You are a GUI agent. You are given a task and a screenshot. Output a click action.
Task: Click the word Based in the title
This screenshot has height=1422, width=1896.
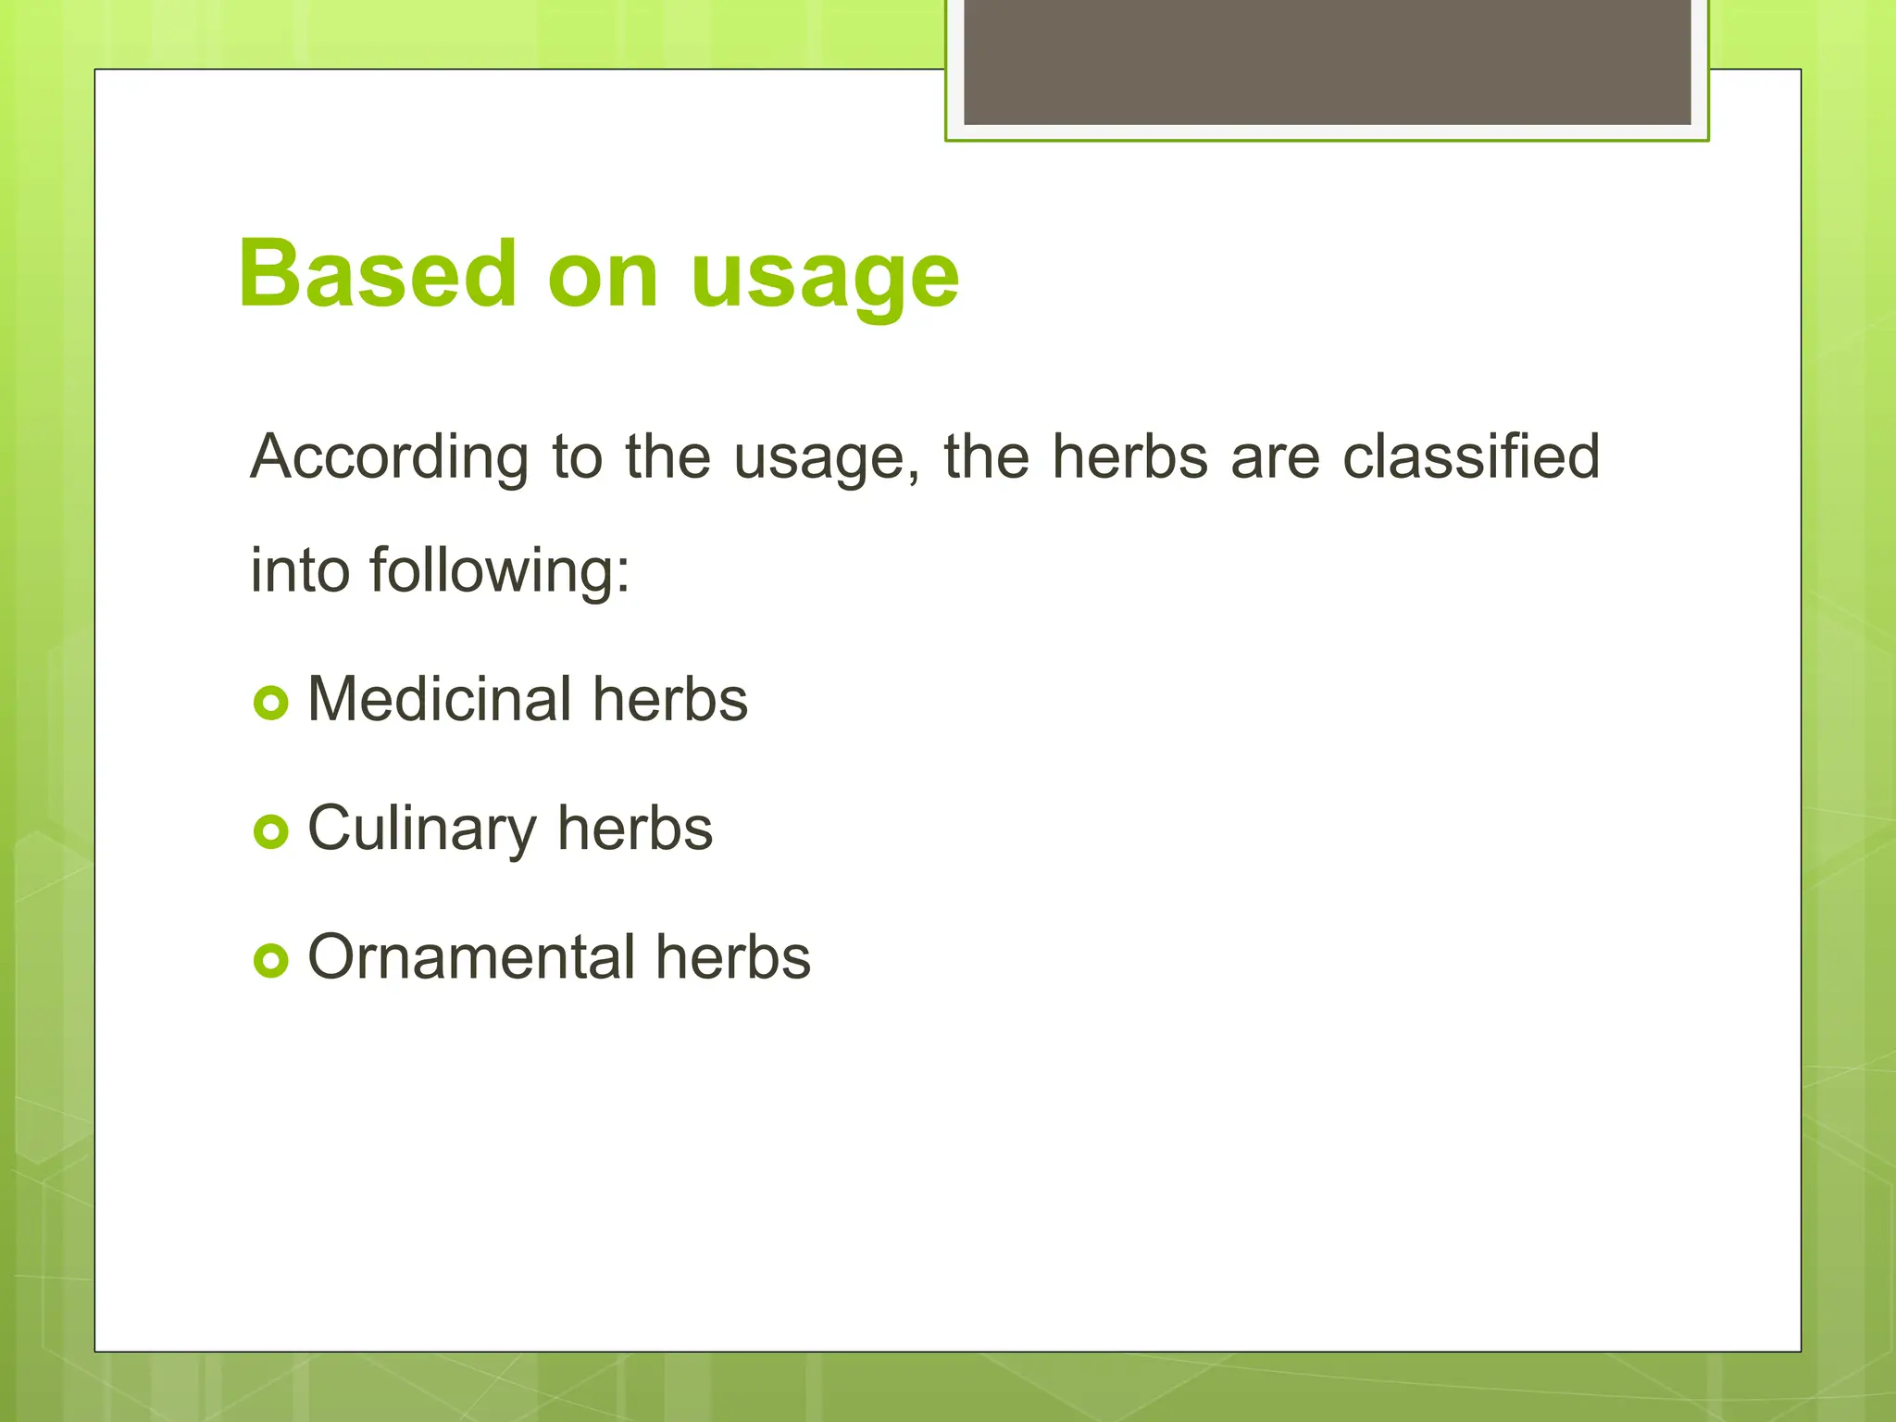(376, 274)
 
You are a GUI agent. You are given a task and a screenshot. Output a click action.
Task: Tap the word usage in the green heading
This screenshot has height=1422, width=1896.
(824, 278)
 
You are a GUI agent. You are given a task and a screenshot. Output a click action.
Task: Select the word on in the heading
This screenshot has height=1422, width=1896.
(603, 278)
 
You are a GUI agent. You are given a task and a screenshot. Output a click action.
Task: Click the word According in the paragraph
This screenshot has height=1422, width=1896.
(389, 457)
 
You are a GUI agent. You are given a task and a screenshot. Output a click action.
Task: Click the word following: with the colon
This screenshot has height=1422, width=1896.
(500, 570)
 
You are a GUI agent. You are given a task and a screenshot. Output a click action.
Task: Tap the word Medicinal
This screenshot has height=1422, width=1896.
(440, 699)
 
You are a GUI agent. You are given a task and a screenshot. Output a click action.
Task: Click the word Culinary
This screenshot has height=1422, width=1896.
(421, 829)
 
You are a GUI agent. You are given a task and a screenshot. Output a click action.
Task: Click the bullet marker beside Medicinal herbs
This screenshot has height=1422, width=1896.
(270, 704)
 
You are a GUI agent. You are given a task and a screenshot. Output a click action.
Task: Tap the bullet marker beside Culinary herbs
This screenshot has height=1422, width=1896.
(270, 832)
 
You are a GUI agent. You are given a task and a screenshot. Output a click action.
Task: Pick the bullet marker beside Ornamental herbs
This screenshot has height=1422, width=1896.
(270, 961)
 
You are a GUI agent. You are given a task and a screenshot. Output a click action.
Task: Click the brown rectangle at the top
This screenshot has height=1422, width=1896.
(1327, 61)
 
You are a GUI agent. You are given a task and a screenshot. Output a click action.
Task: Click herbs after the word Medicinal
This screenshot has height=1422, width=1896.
(670, 699)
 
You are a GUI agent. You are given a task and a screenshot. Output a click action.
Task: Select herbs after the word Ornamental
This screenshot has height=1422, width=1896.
(733, 957)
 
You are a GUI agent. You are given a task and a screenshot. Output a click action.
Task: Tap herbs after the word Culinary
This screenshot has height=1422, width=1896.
(635, 829)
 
